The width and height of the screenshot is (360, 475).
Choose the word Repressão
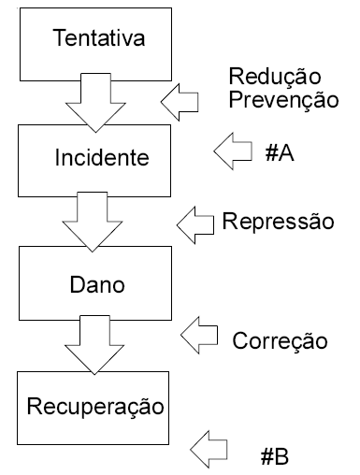coord(278,222)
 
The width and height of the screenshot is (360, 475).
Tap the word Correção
coord(280,340)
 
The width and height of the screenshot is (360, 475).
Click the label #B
coord(274,456)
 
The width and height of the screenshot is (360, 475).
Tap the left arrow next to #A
coord(234,149)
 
